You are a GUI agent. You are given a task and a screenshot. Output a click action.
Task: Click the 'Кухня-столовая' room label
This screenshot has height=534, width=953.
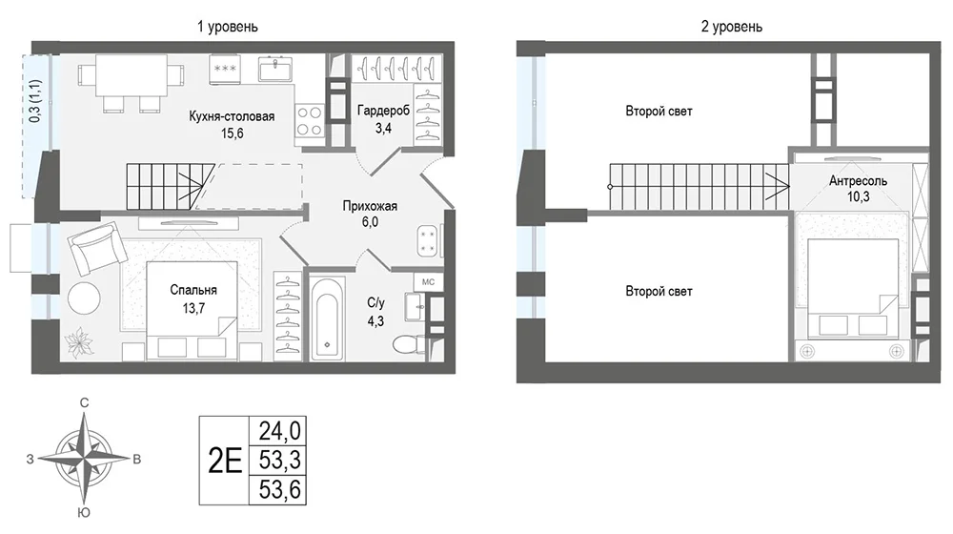[x=232, y=116]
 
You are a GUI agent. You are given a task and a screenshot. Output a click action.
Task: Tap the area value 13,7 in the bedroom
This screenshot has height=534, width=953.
[x=193, y=308]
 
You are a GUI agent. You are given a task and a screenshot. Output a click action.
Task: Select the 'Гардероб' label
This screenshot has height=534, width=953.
[x=383, y=111]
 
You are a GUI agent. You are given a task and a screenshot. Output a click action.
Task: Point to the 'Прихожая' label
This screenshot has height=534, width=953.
[x=370, y=206]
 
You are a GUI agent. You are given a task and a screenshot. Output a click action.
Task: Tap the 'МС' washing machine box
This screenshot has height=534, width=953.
[x=429, y=282]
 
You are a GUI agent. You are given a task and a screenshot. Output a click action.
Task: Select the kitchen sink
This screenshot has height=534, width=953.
[x=275, y=69]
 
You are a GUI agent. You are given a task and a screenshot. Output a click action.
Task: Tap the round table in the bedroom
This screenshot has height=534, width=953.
[x=84, y=298]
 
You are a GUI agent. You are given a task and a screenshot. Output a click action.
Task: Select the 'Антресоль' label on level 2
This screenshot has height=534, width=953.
[x=858, y=180]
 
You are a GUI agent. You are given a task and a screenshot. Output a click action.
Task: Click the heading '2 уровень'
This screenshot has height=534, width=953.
[x=731, y=27]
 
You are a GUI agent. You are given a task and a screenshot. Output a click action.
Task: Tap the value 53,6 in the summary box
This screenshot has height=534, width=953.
[x=279, y=489]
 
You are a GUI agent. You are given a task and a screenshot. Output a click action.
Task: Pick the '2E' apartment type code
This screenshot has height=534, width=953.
[x=225, y=461]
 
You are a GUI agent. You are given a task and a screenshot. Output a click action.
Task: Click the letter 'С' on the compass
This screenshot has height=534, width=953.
[x=85, y=402]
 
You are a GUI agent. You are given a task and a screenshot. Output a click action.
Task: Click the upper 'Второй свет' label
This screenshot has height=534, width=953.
[x=659, y=112]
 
